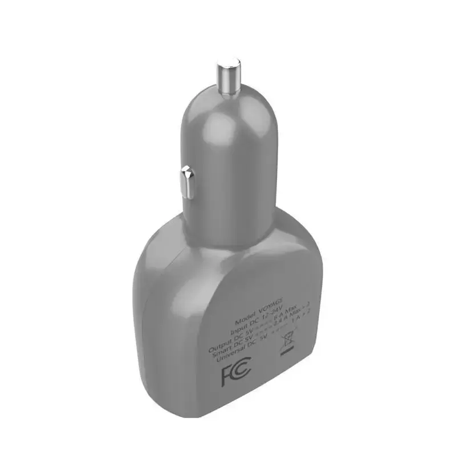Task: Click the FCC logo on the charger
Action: click(235, 374)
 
